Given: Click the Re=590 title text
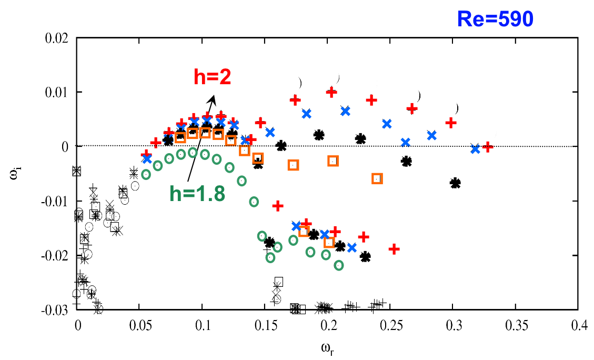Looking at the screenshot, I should pyautogui.click(x=495, y=19).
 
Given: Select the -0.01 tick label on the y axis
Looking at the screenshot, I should pyautogui.click(x=55, y=201).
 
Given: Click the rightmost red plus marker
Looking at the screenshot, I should pyautogui.click(x=487, y=147).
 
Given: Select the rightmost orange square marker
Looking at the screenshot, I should pyautogui.click(x=377, y=178).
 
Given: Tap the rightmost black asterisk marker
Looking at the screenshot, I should pyautogui.click(x=455, y=183).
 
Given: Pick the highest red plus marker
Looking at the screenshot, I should pyautogui.click(x=331, y=92).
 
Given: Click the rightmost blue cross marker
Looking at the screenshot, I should pyautogui.click(x=476, y=149).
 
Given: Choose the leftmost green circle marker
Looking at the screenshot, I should pyautogui.click(x=146, y=175).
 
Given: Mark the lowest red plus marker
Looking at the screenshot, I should pyautogui.click(x=394, y=249).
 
